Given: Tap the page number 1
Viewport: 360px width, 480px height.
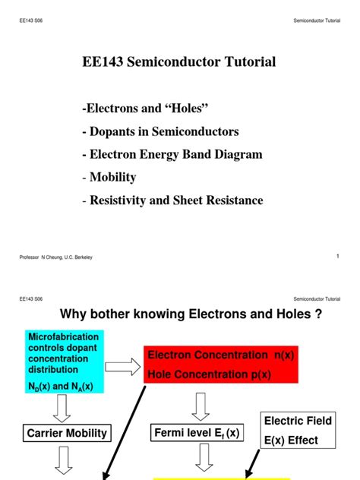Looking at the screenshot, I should (x=337, y=256).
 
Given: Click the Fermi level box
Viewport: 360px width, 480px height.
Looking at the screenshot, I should (x=195, y=433).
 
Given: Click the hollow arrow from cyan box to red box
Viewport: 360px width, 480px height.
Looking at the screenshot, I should (x=121, y=368).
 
